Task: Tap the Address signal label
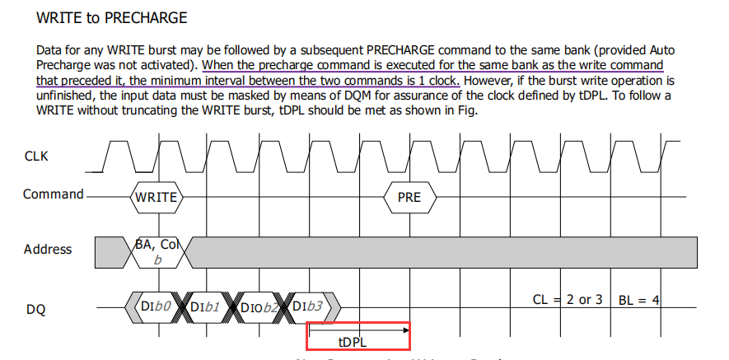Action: coord(48,249)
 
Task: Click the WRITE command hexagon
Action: coord(157,197)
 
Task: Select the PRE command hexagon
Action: coord(409,197)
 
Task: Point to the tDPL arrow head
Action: coord(405,330)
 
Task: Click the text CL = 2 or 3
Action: coord(568,299)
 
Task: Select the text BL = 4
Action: coord(639,299)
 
